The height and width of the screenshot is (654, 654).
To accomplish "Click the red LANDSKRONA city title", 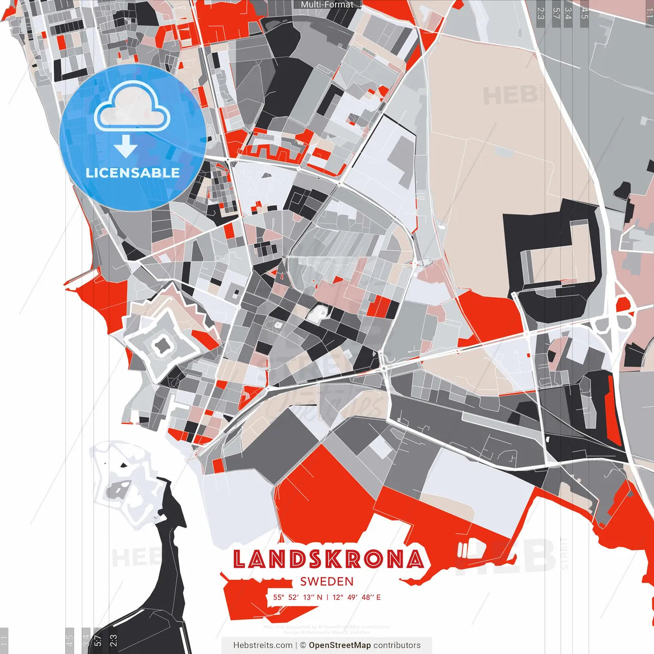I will [x=328, y=559].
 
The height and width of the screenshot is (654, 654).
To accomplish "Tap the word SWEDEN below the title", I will [x=327, y=581].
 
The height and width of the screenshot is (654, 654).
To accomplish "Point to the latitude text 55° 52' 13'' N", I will [x=297, y=597].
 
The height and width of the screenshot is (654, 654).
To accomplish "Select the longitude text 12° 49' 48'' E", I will [x=357, y=597].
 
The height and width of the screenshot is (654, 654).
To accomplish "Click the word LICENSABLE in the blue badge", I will [x=133, y=173].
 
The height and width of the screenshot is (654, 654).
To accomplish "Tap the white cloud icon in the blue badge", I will [x=132, y=108].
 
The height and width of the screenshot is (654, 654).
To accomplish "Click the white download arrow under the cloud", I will [x=126, y=146].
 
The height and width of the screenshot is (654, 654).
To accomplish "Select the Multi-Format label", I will [x=327, y=5].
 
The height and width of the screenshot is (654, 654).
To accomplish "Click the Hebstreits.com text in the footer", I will [x=263, y=645].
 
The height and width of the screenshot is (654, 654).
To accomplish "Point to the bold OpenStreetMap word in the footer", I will [x=340, y=645].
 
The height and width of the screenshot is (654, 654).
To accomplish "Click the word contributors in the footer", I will [x=397, y=645].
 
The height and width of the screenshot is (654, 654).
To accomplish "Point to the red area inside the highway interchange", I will [x=623, y=306].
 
